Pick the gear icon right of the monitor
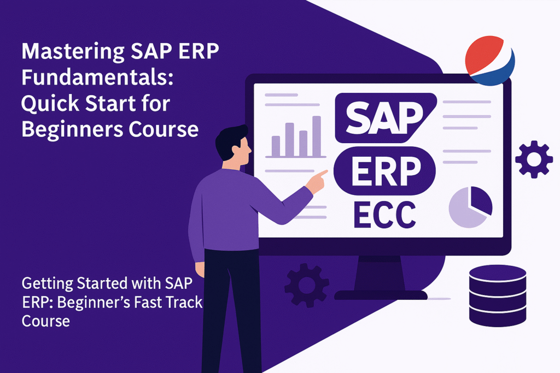point(534,158)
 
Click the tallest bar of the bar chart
point(316,137)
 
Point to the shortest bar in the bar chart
point(276,146)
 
